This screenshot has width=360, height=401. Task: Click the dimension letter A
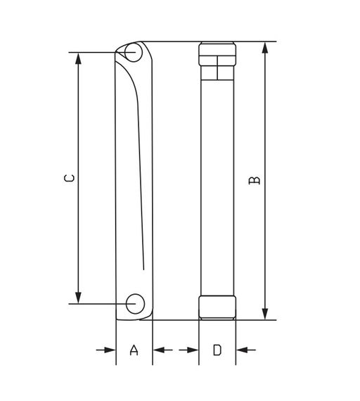134,350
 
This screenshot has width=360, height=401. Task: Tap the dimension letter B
255,180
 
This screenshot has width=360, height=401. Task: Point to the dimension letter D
217,350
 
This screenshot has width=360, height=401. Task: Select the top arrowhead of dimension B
265,46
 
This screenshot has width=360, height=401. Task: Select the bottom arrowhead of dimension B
265,314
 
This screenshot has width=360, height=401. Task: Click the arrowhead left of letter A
110,349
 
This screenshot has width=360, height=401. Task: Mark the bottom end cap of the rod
217,307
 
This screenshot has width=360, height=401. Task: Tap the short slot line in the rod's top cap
217,72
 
